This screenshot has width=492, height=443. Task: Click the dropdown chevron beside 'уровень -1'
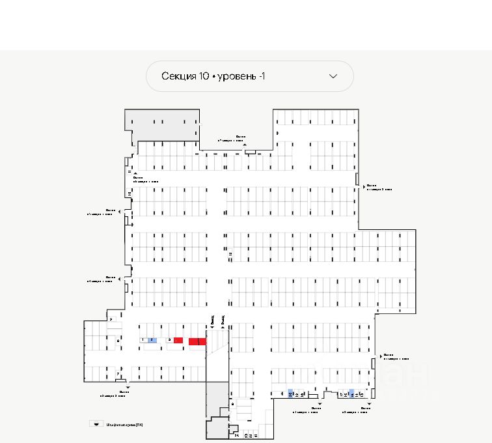[333, 76]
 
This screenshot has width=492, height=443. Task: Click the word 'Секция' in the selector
[179, 76]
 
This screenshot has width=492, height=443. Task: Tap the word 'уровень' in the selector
[237, 76]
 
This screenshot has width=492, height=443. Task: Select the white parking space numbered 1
[143, 340]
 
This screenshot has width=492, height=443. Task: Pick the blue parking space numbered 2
[152, 340]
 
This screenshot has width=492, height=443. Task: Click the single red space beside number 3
[178, 340]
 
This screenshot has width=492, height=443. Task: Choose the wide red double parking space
[197, 341]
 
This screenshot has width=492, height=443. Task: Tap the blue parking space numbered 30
[290, 393]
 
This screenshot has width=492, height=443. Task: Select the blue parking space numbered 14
[351, 393]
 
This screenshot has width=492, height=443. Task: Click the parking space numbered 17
[341, 394]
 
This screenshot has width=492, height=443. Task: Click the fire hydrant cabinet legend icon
[96, 423]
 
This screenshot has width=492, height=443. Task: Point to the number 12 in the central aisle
[230, 253]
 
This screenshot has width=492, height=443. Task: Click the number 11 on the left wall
[129, 171]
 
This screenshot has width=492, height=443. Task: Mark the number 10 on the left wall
[130, 194]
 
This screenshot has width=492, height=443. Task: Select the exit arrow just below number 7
[128, 388]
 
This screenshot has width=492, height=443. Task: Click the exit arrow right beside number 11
[135, 173]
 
